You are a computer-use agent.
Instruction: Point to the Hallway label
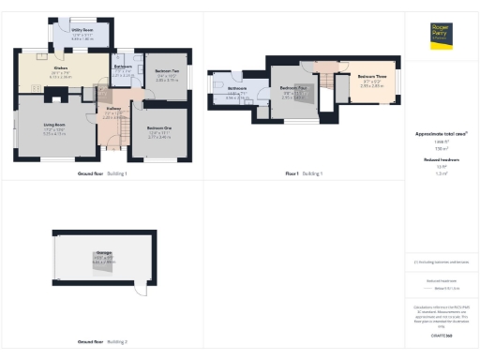[x=112, y=111]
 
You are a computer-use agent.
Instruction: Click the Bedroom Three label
[x=372, y=77]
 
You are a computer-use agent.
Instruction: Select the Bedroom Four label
[x=292, y=91]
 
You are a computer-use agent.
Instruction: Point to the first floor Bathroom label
[x=237, y=91]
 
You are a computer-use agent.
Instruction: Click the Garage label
[x=102, y=255]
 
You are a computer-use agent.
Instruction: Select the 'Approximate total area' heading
[x=442, y=134]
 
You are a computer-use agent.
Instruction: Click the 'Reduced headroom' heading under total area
[x=442, y=160]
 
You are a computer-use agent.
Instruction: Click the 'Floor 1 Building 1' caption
[x=304, y=174]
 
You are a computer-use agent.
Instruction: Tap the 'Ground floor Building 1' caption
[x=101, y=174]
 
